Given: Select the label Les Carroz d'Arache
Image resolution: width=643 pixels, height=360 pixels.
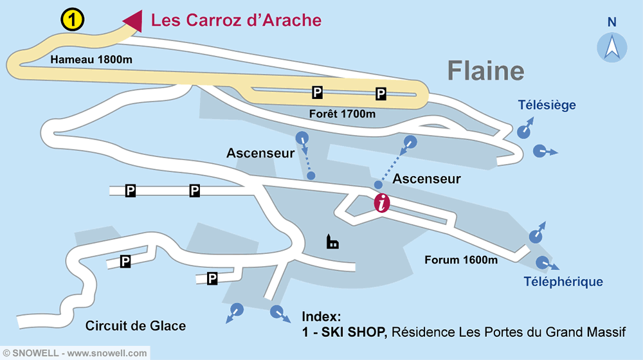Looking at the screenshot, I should click(x=236, y=20).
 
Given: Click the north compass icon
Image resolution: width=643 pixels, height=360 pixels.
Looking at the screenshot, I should click(x=612, y=47).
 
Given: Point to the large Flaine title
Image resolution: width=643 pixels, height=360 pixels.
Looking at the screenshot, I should click(x=485, y=71).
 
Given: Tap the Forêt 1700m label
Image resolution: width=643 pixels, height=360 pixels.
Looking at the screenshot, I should click(x=342, y=114).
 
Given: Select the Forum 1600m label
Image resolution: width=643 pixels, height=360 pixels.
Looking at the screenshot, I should click(x=461, y=260).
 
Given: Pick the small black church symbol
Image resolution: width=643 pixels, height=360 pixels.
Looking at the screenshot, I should click(x=332, y=242).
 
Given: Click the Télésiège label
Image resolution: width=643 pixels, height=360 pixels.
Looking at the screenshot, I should click(x=547, y=105).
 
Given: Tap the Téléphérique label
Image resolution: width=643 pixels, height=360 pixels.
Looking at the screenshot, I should click(x=563, y=282).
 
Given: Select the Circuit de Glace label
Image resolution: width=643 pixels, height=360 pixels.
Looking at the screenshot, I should click(x=136, y=326).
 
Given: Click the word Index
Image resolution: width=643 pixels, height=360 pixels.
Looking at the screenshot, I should click(x=321, y=317).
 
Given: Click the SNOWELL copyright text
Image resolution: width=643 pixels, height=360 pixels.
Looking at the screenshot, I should click(x=75, y=353).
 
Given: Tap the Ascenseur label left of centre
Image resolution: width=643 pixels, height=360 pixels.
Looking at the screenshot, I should click(x=260, y=153).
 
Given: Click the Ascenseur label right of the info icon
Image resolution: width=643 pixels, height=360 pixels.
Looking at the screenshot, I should click(x=426, y=179).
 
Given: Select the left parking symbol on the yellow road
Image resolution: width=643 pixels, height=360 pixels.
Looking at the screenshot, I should click(x=317, y=93).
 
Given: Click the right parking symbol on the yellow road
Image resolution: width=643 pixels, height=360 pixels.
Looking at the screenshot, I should click(x=381, y=94).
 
